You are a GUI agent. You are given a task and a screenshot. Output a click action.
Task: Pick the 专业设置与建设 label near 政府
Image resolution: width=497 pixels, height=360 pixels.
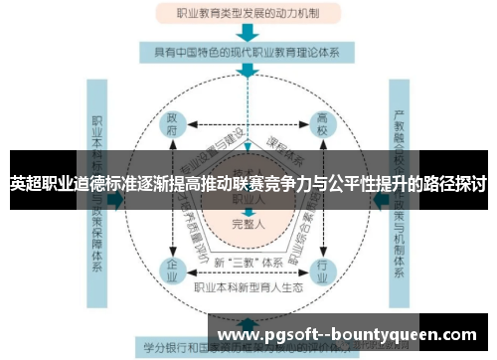tap(209, 149)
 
